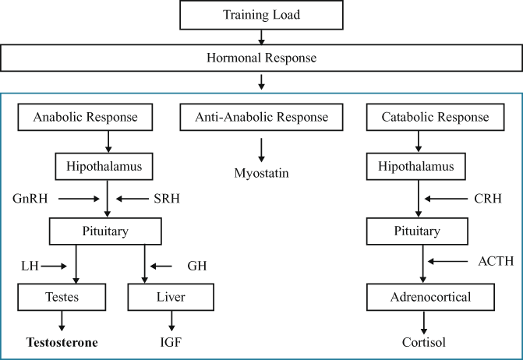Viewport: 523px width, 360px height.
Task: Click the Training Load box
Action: click(262, 16)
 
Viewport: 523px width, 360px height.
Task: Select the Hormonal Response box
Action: click(262, 58)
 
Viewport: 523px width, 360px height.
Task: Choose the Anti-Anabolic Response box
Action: click(262, 118)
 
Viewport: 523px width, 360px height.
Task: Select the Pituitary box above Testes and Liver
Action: click(106, 231)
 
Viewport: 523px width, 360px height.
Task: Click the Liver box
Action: click(170, 297)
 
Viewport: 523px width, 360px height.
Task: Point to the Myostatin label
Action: click(262, 172)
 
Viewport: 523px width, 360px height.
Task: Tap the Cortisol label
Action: click(422, 341)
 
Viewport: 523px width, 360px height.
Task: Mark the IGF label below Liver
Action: click(170, 341)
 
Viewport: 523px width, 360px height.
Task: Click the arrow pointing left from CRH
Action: click(444, 199)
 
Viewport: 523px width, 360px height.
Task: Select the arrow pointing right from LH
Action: click(55, 266)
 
